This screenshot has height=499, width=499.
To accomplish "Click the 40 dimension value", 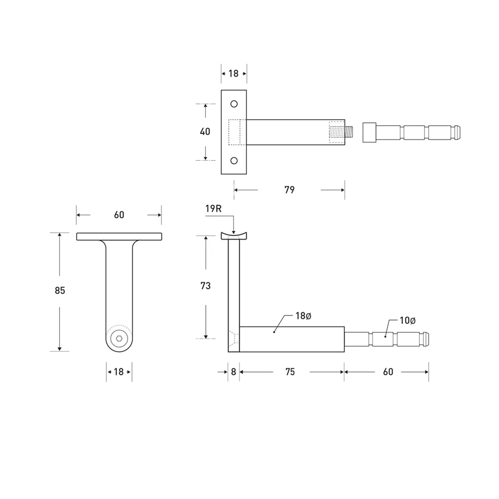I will click(205, 132).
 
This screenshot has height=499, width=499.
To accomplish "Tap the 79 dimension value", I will click(289, 190).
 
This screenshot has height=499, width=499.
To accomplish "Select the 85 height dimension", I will click(60, 290).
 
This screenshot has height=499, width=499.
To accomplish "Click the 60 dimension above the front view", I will click(119, 215).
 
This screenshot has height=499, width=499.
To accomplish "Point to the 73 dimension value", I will click(205, 286).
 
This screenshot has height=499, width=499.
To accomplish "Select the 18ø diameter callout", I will click(303, 316).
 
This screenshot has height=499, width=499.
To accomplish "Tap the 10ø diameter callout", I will click(408, 320).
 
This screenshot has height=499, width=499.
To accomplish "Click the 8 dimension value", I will click(233, 372).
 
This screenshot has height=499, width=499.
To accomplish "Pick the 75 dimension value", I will click(289, 372).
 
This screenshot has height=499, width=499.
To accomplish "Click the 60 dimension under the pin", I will click(388, 372).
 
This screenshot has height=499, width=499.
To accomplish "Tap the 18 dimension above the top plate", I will click(233, 73).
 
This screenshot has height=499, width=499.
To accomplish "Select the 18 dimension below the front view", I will click(119, 372).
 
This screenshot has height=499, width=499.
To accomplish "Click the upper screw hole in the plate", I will click(234, 104).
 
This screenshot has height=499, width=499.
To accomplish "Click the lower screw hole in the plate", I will click(234, 160).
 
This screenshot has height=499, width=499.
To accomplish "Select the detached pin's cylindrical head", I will click(370, 133).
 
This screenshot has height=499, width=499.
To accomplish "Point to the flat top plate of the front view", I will click(119, 236).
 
